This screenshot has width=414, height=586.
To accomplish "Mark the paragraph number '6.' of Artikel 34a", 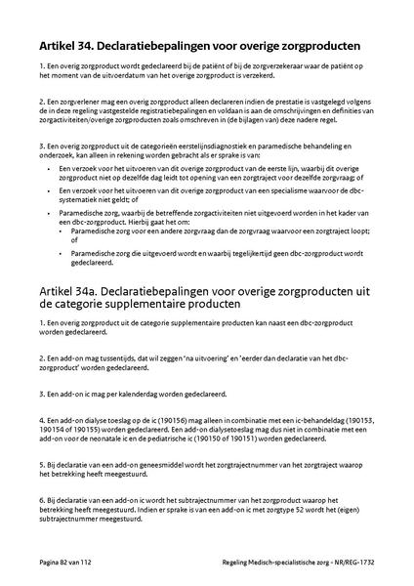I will [42, 499].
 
